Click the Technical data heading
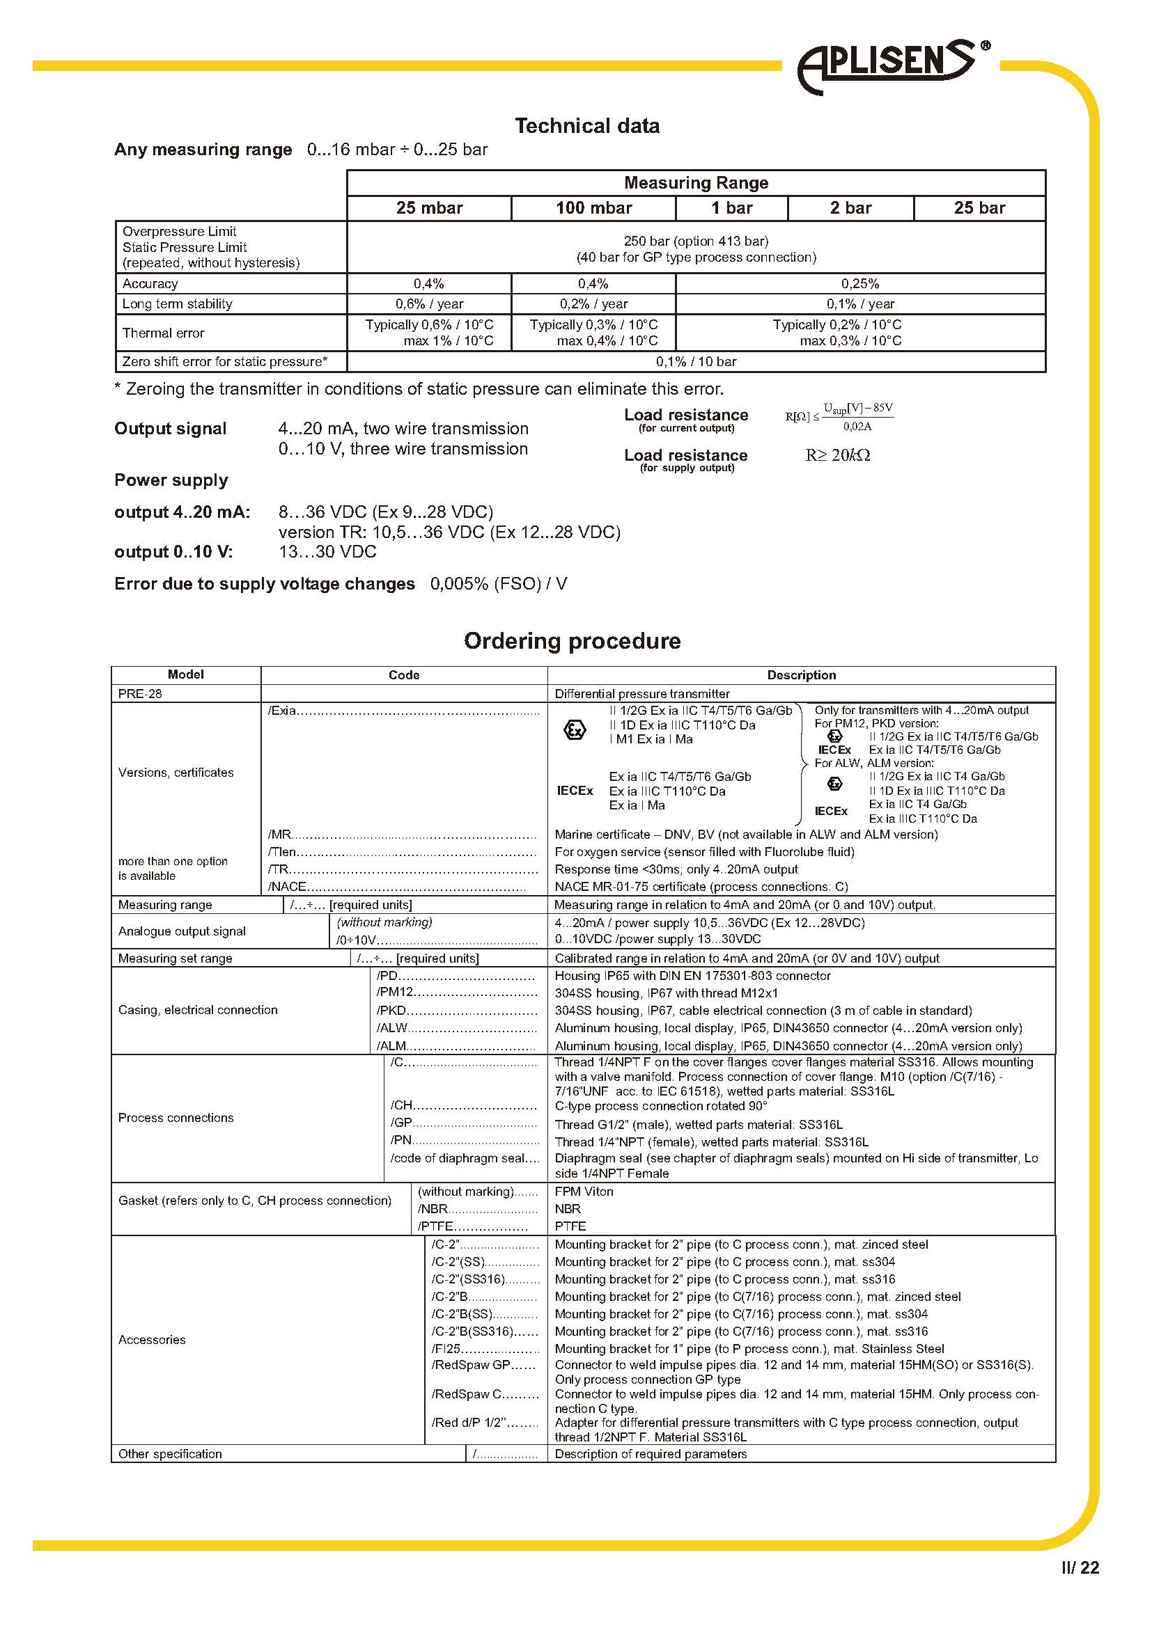pos(587,126)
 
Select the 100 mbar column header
pos(593,207)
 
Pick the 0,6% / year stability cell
pos(429,304)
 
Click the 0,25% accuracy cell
pos(859,283)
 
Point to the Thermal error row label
pos(163,333)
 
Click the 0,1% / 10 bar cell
pos(696,362)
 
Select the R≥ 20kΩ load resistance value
pos(837,455)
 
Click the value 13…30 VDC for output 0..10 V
pos(327,552)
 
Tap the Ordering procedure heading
pos(572,641)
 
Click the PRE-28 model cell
pos(141,693)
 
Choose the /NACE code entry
pos(287,886)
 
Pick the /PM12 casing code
pos(395,993)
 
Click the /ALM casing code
pos(391,1046)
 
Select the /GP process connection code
pos(401,1123)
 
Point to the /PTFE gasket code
pos(435,1226)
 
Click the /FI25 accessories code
pos(447,1349)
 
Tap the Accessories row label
pos(152,1339)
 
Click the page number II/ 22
pos(1080,1567)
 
